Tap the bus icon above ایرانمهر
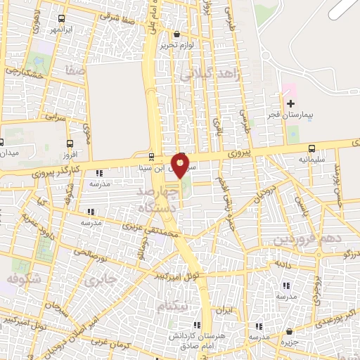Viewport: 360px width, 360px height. pos(62,19)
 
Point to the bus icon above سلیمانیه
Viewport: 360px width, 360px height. pos(311,148)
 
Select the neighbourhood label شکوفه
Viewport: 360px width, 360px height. pos(22,280)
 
